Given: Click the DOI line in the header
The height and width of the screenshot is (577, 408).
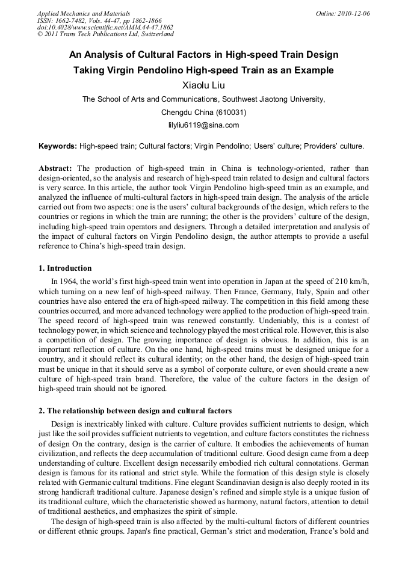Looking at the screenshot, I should point(105,27).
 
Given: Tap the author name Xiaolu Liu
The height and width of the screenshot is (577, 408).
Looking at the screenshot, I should point(203,85).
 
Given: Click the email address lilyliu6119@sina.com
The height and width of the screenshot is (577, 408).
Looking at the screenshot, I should point(203,125).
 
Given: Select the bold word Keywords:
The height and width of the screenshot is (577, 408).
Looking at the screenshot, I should point(58,146).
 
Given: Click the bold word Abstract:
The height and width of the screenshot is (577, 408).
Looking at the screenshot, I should point(55,168).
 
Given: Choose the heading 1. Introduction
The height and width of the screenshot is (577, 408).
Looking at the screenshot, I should point(65,268).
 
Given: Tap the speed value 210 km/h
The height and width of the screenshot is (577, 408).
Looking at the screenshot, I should point(351,281).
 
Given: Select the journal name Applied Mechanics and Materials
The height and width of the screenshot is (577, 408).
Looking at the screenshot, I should point(83,13).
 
